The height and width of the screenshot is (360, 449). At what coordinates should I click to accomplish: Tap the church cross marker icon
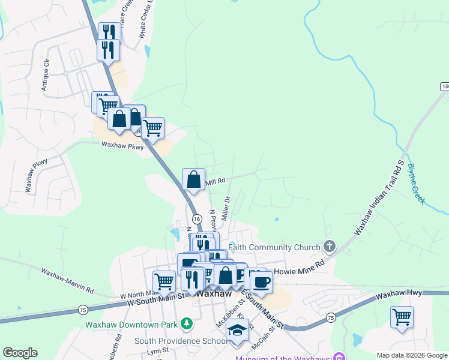point(328,246)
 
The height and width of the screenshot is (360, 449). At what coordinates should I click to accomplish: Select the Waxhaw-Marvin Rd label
point(67,281)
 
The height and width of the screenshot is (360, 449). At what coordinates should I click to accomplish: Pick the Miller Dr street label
point(226,209)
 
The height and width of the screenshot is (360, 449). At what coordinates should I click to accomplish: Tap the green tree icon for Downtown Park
point(187,324)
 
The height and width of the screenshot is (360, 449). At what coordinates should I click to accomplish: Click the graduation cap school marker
point(238,331)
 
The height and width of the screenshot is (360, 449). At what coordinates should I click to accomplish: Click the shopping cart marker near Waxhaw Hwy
point(402,316)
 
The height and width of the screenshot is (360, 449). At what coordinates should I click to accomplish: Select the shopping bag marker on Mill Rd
point(194,179)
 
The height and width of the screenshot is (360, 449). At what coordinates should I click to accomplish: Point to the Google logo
point(20,353)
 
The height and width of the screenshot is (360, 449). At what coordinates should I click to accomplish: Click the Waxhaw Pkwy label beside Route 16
point(122,145)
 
